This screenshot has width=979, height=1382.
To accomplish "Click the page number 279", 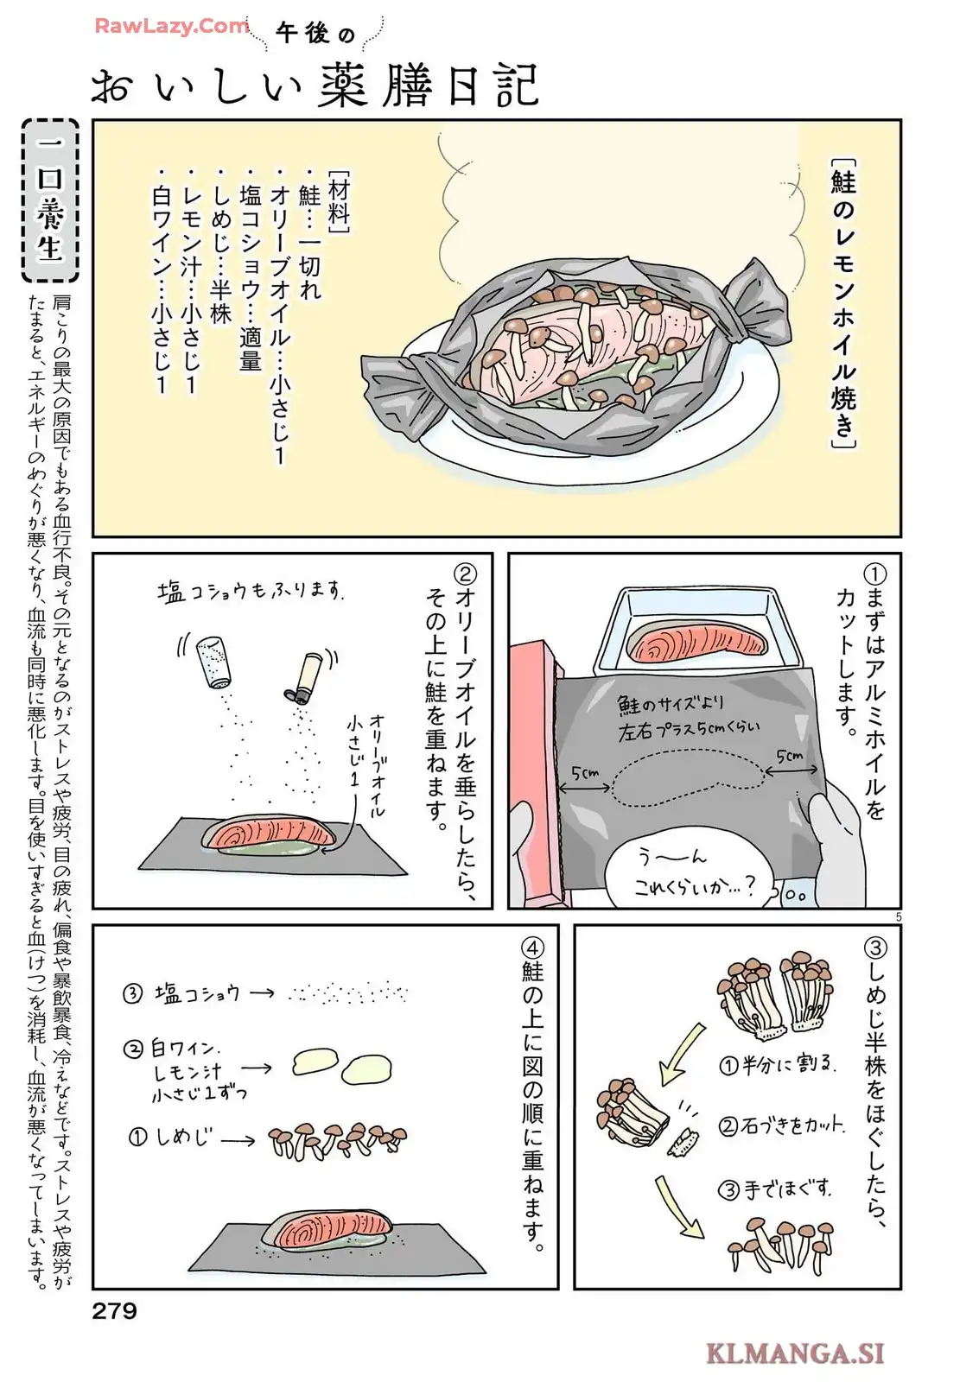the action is click(114, 1310).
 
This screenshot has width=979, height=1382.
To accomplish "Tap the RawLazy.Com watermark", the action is click(172, 26).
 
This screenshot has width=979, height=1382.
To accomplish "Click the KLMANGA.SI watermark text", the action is click(795, 1354).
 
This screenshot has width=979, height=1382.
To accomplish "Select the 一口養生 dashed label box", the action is click(50, 200).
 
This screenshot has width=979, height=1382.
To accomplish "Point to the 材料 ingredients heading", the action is click(339, 201).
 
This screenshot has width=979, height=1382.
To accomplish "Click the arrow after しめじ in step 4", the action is click(238, 1140).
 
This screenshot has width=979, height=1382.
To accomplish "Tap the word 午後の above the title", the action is click(315, 32).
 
